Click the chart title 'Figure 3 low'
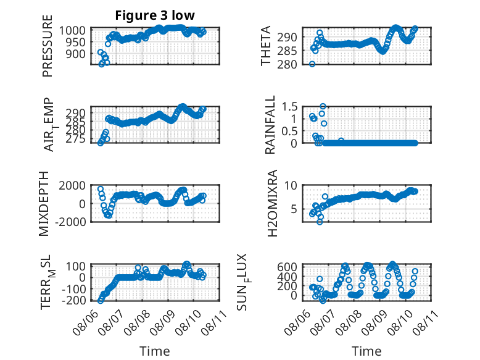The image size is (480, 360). pos(155,15)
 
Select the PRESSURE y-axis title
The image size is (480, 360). pos(48,46)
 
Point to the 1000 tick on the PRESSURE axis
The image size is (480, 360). pos(72,31)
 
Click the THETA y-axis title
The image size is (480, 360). pos(266,46)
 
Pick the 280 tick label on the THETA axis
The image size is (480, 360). pos(287,64)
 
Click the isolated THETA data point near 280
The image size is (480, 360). pos(312,64)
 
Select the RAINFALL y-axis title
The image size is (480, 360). pos(270,125)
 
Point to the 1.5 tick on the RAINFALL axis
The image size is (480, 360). pos(289,107)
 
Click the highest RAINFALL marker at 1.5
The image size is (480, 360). pos(323,106)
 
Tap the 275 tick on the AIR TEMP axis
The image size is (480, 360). pos(75,139)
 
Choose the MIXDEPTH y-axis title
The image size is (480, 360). pos(44,204)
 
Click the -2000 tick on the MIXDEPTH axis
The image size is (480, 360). pos(70,222)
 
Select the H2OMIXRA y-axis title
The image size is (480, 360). pos(273,203)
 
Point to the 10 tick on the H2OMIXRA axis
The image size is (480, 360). pos(291,185)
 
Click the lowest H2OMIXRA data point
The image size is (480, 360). pos(320,222)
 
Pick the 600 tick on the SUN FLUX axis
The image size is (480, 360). pos(287,267)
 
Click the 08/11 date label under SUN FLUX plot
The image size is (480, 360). pos(424,321)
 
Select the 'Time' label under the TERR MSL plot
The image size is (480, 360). pos(155,351)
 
